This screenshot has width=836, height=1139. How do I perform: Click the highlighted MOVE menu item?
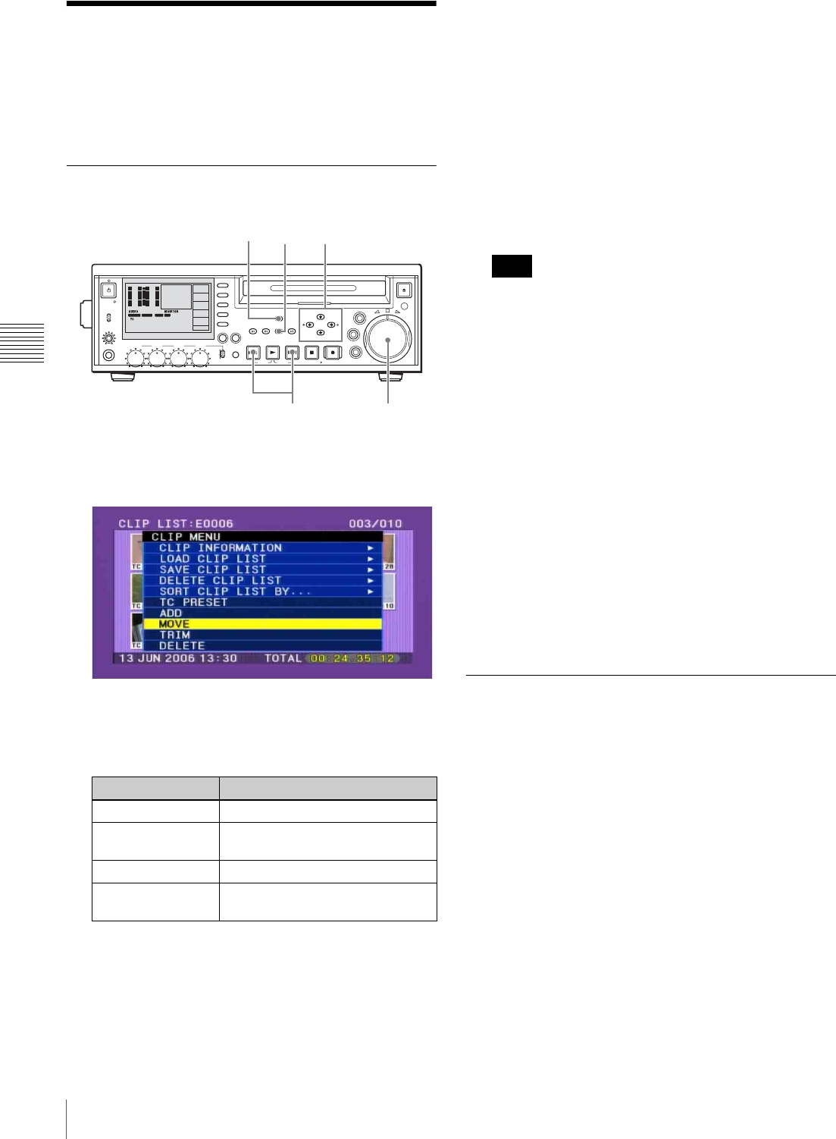pos(262,624)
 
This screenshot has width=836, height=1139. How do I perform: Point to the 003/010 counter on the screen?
pos(375,524)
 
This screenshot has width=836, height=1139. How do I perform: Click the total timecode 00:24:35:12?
pos(352,658)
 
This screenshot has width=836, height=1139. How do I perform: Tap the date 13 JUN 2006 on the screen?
pos(156,658)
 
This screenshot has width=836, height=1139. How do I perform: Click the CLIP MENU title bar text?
pos(186,537)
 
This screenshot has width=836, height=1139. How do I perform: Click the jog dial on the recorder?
pos(387,340)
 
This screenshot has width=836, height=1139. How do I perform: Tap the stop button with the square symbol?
pos(312,353)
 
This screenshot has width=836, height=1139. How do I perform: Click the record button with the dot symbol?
pos(332,353)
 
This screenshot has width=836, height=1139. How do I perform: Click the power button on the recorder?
pos(108,290)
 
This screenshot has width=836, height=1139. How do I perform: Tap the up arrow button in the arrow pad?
pos(321,317)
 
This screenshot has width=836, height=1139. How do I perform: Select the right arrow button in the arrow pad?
pos(331,325)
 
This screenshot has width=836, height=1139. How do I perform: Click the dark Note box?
pos(512,266)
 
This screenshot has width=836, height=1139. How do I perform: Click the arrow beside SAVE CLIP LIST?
pos(371,569)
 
